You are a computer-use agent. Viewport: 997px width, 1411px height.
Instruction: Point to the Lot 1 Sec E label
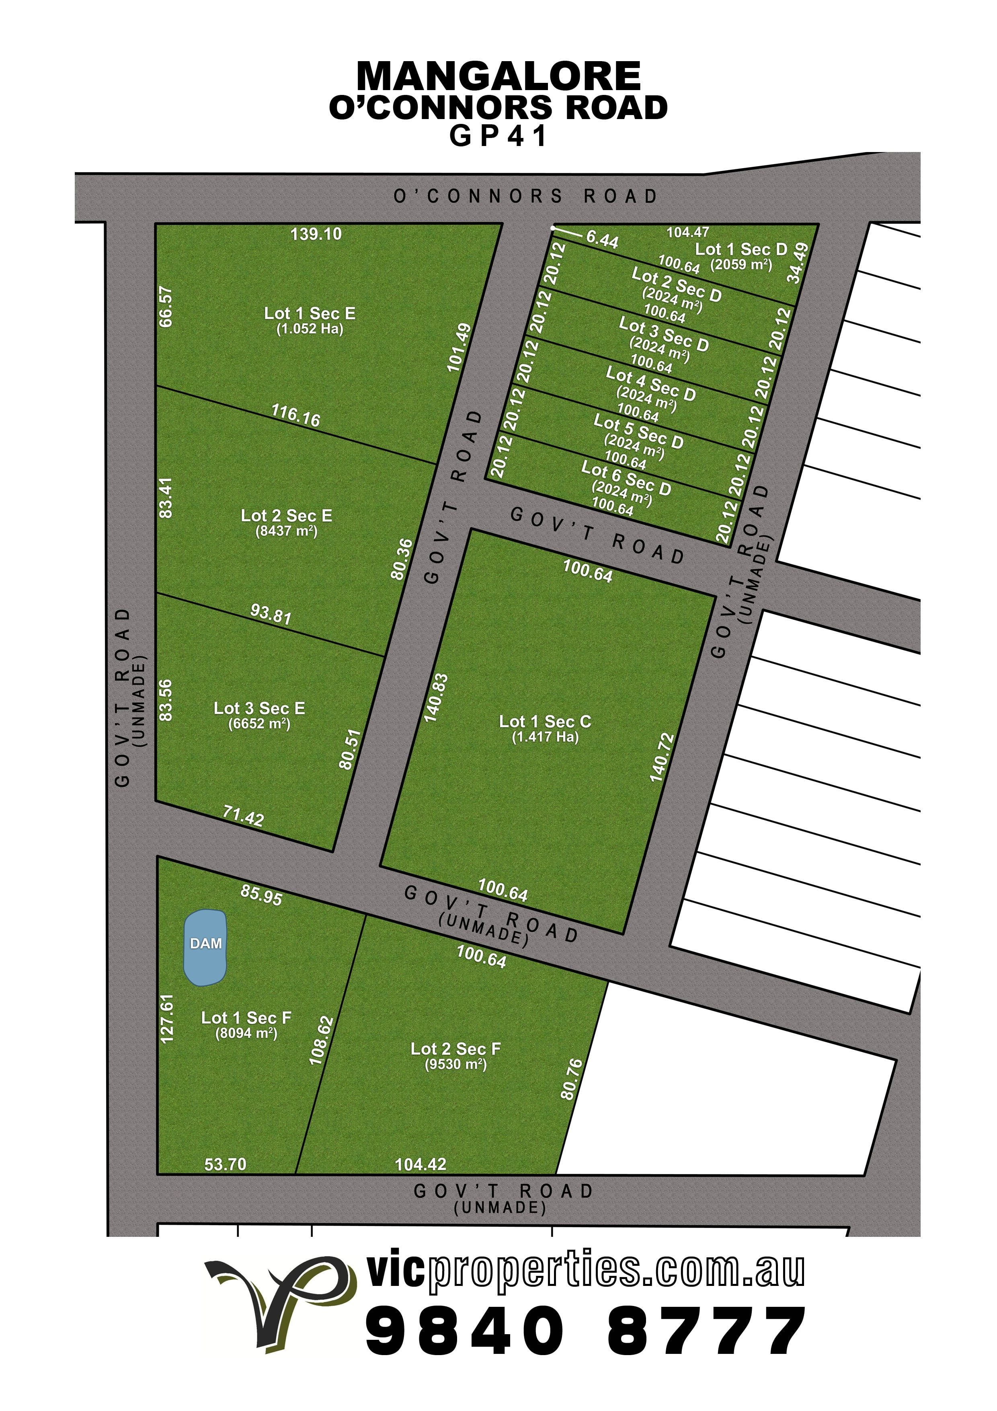(310, 313)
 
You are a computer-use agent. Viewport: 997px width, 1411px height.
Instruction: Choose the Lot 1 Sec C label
(545, 722)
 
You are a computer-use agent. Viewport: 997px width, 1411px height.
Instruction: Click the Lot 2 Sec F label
(456, 1049)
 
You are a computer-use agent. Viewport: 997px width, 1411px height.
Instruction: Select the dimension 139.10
(316, 234)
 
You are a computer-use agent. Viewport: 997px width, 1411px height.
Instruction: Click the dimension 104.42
(421, 1164)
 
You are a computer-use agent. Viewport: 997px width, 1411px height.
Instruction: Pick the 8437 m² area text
(286, 531)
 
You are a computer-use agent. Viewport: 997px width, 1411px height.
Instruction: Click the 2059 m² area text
(741, 265)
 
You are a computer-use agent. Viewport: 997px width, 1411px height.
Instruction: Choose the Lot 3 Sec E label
(259, 709)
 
